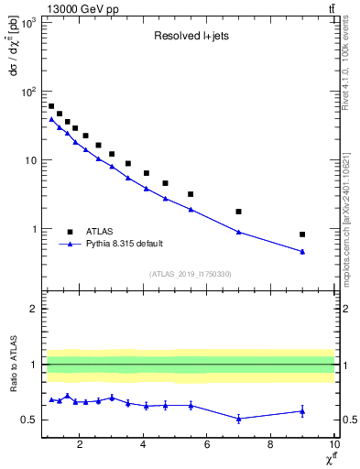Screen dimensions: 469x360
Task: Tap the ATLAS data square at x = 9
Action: point(302,234)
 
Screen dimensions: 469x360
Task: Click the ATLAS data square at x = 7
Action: point(238,212)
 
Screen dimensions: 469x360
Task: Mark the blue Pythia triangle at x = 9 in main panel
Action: point(302,252)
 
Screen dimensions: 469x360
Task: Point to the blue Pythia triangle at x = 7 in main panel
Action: point(238,232)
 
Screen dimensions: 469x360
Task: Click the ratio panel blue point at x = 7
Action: point(238,419)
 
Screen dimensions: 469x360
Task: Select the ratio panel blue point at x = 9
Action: point(302,411)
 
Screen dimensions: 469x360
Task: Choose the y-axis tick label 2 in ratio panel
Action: point(34,309)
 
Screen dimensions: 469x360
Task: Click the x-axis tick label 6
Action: point(207,445)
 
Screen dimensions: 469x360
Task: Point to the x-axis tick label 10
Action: point(333,445)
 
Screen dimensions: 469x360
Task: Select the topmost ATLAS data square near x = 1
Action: point(51,106)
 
